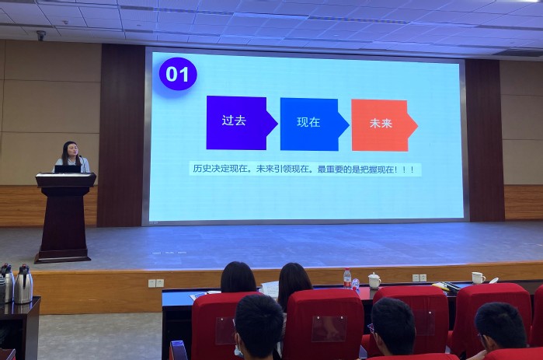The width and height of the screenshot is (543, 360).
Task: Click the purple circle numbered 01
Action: tap(178, 74)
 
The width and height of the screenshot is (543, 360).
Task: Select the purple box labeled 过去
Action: tap(242, 123)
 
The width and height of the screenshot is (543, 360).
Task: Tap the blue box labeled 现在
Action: tap(314, 124)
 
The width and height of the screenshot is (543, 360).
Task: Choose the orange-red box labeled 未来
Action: tap(384, 125)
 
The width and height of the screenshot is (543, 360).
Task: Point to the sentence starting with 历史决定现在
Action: tap(304, 170)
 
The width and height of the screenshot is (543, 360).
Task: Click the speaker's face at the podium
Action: tap(73, 150)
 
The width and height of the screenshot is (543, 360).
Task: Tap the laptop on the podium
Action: tap(68, 169)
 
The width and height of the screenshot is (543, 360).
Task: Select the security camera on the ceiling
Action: tap(41, 35)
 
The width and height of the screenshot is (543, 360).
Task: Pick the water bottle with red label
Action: tap(347, 278)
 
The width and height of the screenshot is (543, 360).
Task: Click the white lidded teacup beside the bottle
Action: tap(374, 281)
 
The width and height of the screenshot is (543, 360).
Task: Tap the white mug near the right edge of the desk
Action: tap(479, 278)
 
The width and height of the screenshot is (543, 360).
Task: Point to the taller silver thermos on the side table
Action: tap(23, 285)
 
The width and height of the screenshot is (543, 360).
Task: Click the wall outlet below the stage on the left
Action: tap(156, 283)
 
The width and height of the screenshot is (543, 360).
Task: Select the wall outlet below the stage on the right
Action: tap(419, 278)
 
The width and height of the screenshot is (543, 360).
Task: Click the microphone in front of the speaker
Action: tap(82, 163)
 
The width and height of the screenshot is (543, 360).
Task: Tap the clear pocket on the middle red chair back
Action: tap(329, 328)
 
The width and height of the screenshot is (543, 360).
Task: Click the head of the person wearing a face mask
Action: tap(259, 326)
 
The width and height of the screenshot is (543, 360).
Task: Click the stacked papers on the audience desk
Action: tap(270, 289)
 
